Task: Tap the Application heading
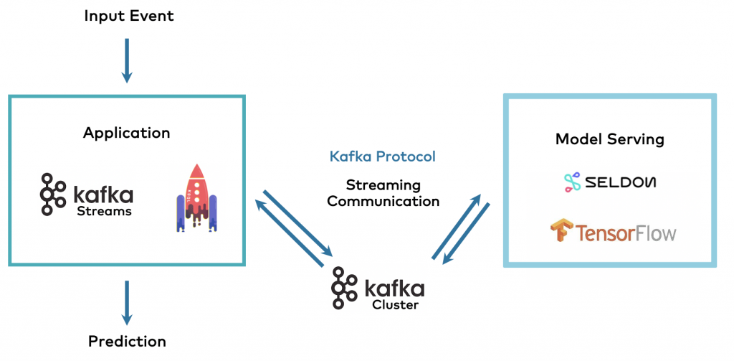pos(126,133)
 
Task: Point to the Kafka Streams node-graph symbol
pos(50,194)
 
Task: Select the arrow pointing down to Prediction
pos(127,301)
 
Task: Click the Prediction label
pos(127,342)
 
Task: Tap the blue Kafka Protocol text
pos(382,156)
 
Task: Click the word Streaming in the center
pos(383,185)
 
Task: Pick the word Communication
pos(383,202)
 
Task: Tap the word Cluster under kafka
pos(395,304)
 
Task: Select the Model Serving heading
pos(609,139)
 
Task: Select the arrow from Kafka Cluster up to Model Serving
pos(456,222)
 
